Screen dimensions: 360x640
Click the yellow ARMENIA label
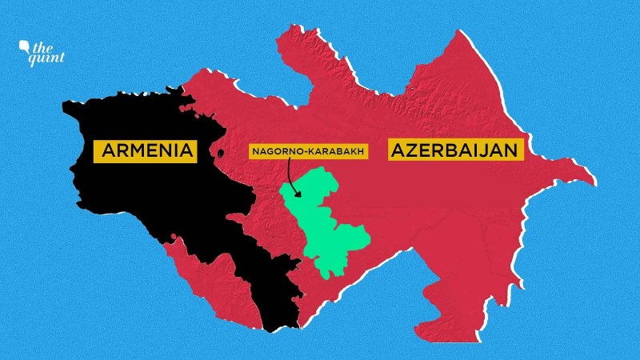click(x=146, y=150)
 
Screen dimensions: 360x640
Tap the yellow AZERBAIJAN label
click(x=456, y=150)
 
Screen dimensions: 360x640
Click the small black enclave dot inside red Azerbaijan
click(x=219, y=152)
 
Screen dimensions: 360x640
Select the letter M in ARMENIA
click(x=136, y=150)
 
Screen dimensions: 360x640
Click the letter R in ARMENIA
click(x=119, y=150)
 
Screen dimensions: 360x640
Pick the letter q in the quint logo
click(x=33, y=58)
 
